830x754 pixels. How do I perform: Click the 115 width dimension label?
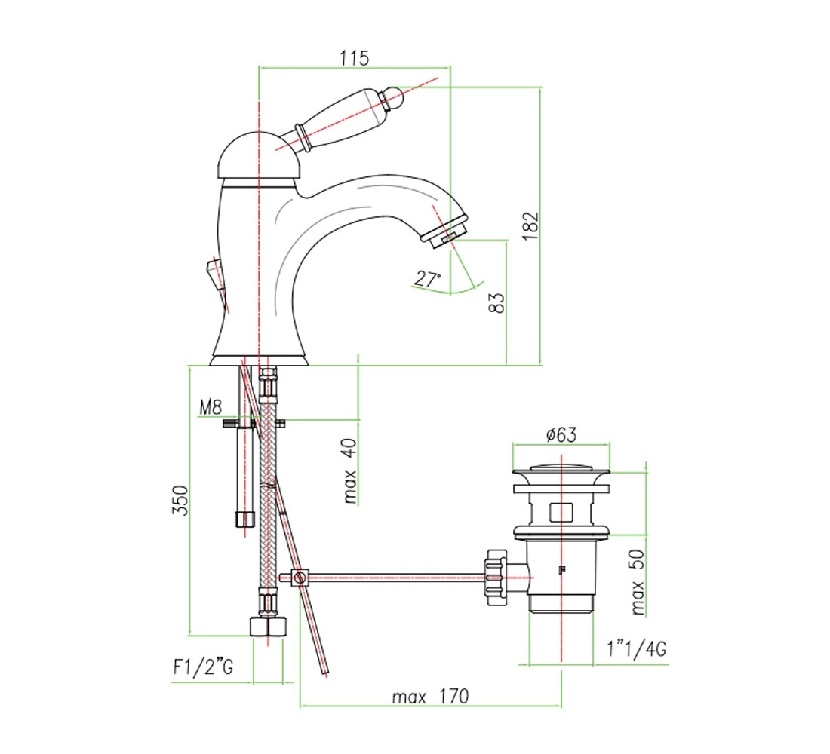pos(354,57)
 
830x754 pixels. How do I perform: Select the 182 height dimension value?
pos(530,226)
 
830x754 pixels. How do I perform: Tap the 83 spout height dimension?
pos(497,303)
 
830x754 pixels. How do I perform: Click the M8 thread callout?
pos(211,407)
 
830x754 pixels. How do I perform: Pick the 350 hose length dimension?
pos(180,500)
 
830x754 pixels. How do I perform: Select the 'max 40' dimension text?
pos(350,471)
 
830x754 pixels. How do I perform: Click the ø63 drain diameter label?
pos(561,434)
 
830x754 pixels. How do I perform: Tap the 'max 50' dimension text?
pos(638,582)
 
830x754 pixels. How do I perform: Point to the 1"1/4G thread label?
pos(636,648)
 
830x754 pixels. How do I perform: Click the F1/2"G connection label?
pos(203,667)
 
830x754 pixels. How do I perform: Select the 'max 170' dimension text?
pos(430,697)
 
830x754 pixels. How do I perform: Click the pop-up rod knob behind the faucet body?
pos(215,275)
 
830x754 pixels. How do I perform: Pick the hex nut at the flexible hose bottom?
pos(267,627)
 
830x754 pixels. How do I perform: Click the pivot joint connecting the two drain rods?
pos(300,577)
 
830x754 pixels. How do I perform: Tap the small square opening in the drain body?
pos(561,513)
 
